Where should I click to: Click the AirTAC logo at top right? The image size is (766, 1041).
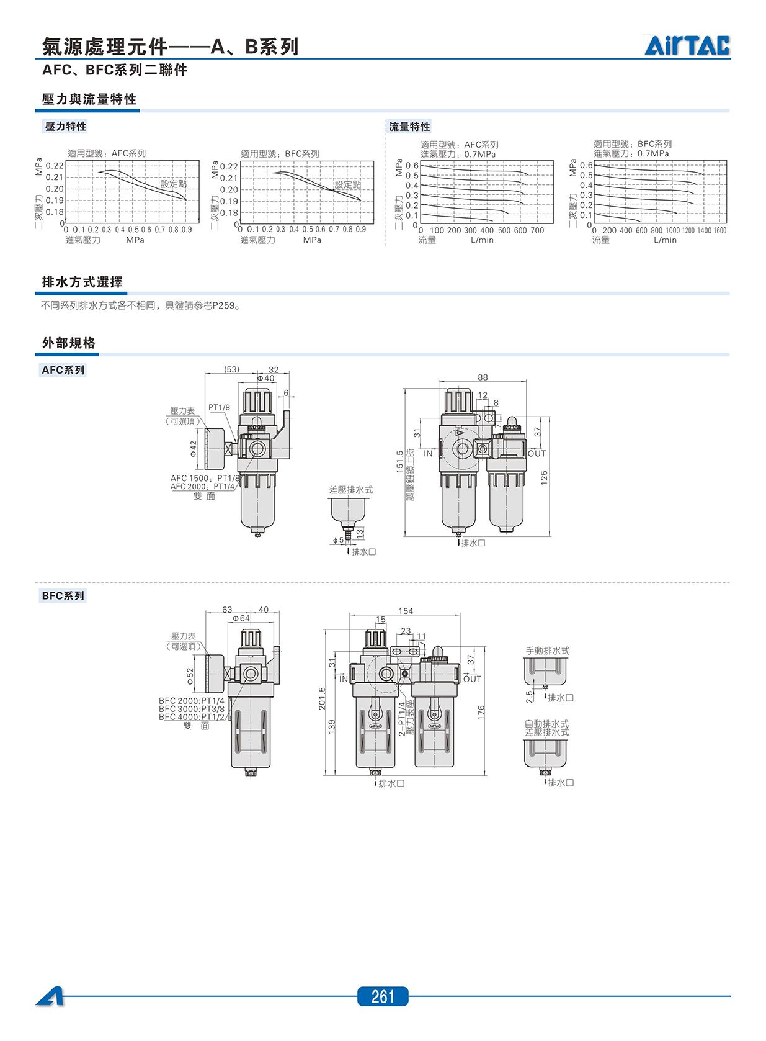(x=687, y=45)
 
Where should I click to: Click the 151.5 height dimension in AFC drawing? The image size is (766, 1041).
(x=399, y=461)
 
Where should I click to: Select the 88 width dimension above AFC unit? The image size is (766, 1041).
(x=483, y=377)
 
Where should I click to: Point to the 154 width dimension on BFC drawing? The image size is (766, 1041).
(x=405, y=611)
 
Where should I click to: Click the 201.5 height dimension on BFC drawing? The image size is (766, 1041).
(x=322, y=698)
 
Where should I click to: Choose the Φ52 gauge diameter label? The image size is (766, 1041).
(x=190, y=676)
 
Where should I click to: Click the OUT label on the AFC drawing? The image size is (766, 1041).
(x=537, y=453)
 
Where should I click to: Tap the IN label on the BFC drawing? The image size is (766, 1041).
(x=344, y=679)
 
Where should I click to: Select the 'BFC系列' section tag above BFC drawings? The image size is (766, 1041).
(x=63, y=595)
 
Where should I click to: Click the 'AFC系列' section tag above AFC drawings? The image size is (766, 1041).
(x=63, y=370)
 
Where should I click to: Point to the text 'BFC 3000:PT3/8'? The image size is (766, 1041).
(x=191, y=709)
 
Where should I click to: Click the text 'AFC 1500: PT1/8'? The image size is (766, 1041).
(x=205, y=478)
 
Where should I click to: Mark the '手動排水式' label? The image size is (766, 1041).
(x=547, y=651)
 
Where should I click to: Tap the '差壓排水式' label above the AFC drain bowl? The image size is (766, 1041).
(x=351, y=489)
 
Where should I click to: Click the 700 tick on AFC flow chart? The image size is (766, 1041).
(x=537, y=230)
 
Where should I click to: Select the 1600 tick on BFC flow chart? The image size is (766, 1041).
(x=719, y=230)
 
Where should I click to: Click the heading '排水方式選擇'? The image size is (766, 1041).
(x=82, y=282)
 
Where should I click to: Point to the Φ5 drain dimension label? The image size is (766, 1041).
(x=338, y=540)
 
